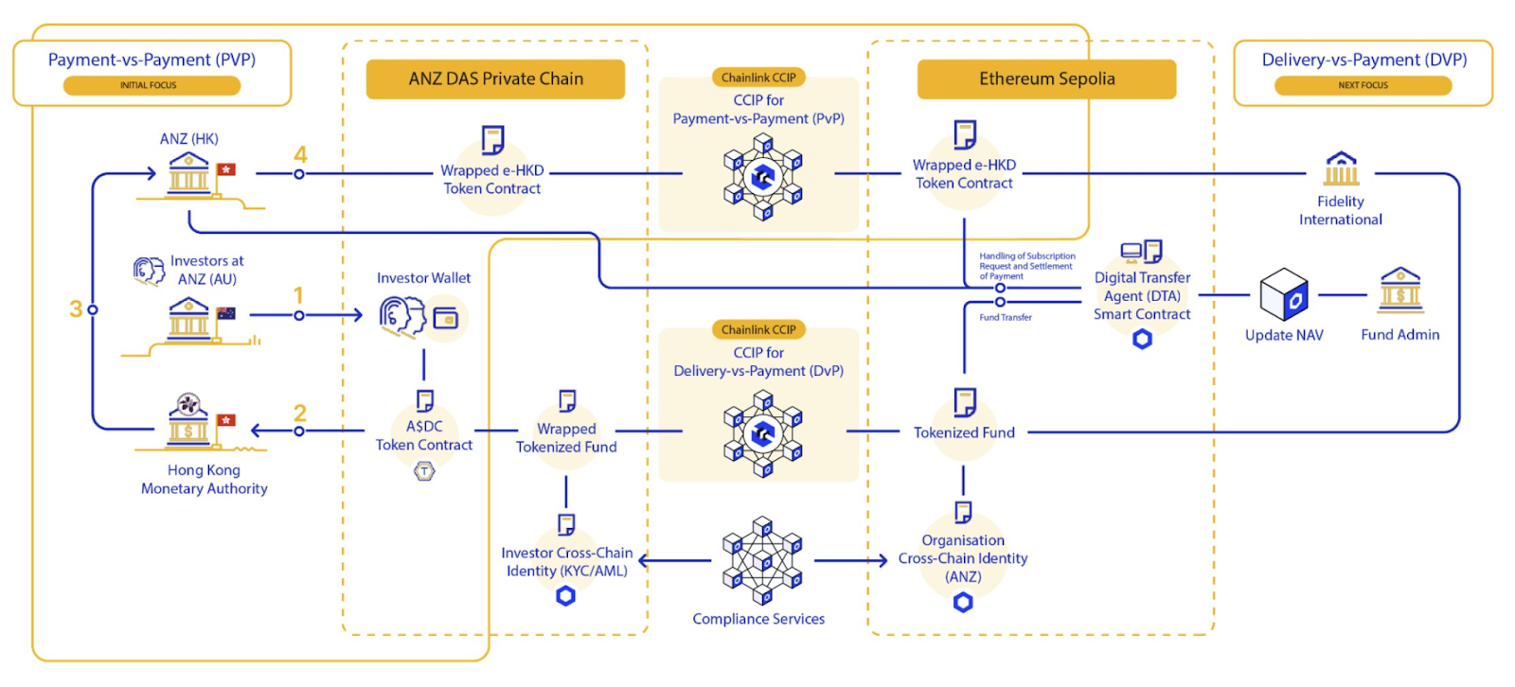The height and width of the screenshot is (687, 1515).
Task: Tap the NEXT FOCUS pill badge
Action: (x=1363, y=85)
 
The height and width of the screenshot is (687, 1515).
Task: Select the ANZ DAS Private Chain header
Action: (x=495, y=79)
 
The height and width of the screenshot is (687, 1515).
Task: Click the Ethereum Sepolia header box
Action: (x=1046, y=79)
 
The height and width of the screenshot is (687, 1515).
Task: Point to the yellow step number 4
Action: (x=300, y=154)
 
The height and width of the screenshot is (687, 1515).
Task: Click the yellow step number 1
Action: (x=298, y=295)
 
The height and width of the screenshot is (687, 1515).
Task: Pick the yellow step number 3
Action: (x=76, y=308)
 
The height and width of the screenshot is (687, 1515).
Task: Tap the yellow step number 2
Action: (x=300, y=413)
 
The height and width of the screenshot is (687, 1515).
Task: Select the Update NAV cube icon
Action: (x=1284, y=294)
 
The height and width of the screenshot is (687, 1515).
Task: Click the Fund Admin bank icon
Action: (x=1399, y=290)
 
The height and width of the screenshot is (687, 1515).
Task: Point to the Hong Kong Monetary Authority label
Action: (x=205, y=480)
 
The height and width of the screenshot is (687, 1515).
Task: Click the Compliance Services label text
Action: (x=758, y=619)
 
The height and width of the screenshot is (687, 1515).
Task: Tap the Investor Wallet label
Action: (x=423, y=278)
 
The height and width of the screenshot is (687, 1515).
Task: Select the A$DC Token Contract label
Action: (x=424, y=436)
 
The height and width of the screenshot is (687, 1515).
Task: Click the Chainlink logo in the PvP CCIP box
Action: (x=762, y=176)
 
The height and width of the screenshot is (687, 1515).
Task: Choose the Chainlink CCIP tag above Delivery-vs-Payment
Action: (x=758, y=329)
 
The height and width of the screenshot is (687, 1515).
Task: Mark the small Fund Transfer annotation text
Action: (x=1006, y=318)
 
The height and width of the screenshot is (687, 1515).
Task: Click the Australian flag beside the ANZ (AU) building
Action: (x=225, y=313)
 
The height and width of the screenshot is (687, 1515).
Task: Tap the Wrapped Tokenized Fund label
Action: (x=566, y=438)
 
